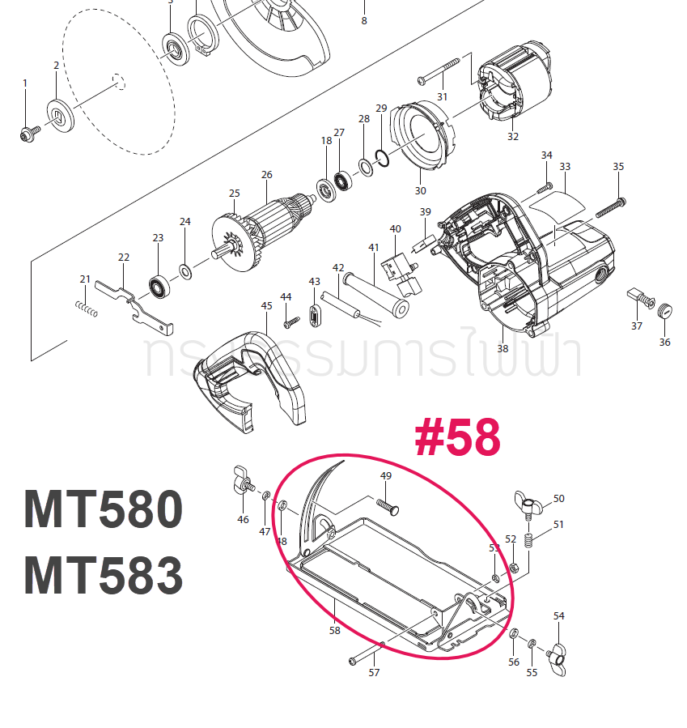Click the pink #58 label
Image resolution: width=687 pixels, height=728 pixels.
click(x=457, y=438)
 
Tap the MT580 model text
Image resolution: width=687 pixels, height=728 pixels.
click(x=104, y=510)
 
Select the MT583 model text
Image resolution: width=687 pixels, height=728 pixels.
click(x=104, y=577)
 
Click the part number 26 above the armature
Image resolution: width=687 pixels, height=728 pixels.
click(x=267, y=175)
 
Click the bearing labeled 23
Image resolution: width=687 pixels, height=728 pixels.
click(x=158, y=286)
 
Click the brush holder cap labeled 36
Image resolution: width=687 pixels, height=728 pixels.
click(x=665, y=309)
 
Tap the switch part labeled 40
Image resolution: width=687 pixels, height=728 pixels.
click(x=401, y=270)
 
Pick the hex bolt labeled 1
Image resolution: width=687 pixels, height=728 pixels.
click(x=26, y=132)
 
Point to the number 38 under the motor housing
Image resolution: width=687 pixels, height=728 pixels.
click(x=503, y=349)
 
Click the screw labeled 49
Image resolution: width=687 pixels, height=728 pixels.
click(x=390, y=505)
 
